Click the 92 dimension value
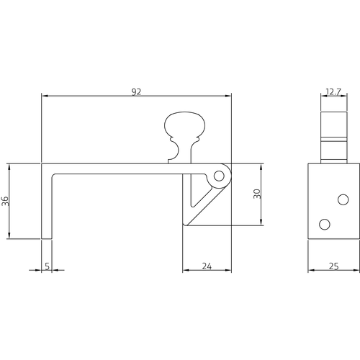tap(137, 91)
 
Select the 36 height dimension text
tap(5, 201)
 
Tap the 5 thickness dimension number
tap(48, 266)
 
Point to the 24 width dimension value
tap(207, 266)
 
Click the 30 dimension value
tap(256, 194)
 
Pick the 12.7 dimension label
tap(333, 91)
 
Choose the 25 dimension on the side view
tap(333, 266)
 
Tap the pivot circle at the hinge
tap(220, 175)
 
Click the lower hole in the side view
tap(324, 224)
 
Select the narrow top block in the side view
tap(333, 137)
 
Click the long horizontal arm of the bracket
tap(122, 169)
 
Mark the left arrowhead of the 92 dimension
tap(44, 96)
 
